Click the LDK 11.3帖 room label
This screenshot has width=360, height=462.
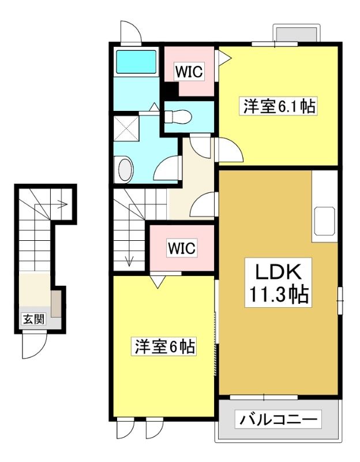click(x=278, y=282)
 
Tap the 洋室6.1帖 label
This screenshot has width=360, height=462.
click(x=278, y=106)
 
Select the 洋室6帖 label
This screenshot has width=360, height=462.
click(x=164, y=347)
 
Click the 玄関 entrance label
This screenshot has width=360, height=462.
click(x=34, y=319)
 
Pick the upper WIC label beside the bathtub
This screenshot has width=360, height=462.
click(x=189, y=72)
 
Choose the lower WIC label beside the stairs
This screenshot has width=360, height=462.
click(x=182, y=248)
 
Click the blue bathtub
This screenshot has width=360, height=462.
click(x=136, y=62)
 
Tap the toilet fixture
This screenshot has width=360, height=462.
click(x=178, y=117)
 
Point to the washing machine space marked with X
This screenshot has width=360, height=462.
click(x=126, y=128)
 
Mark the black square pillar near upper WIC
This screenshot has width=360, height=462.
click(x=171, y=90)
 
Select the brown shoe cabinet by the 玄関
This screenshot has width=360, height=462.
click(x=56, y=304)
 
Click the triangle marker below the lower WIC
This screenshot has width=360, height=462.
click(x=158, y=281)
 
